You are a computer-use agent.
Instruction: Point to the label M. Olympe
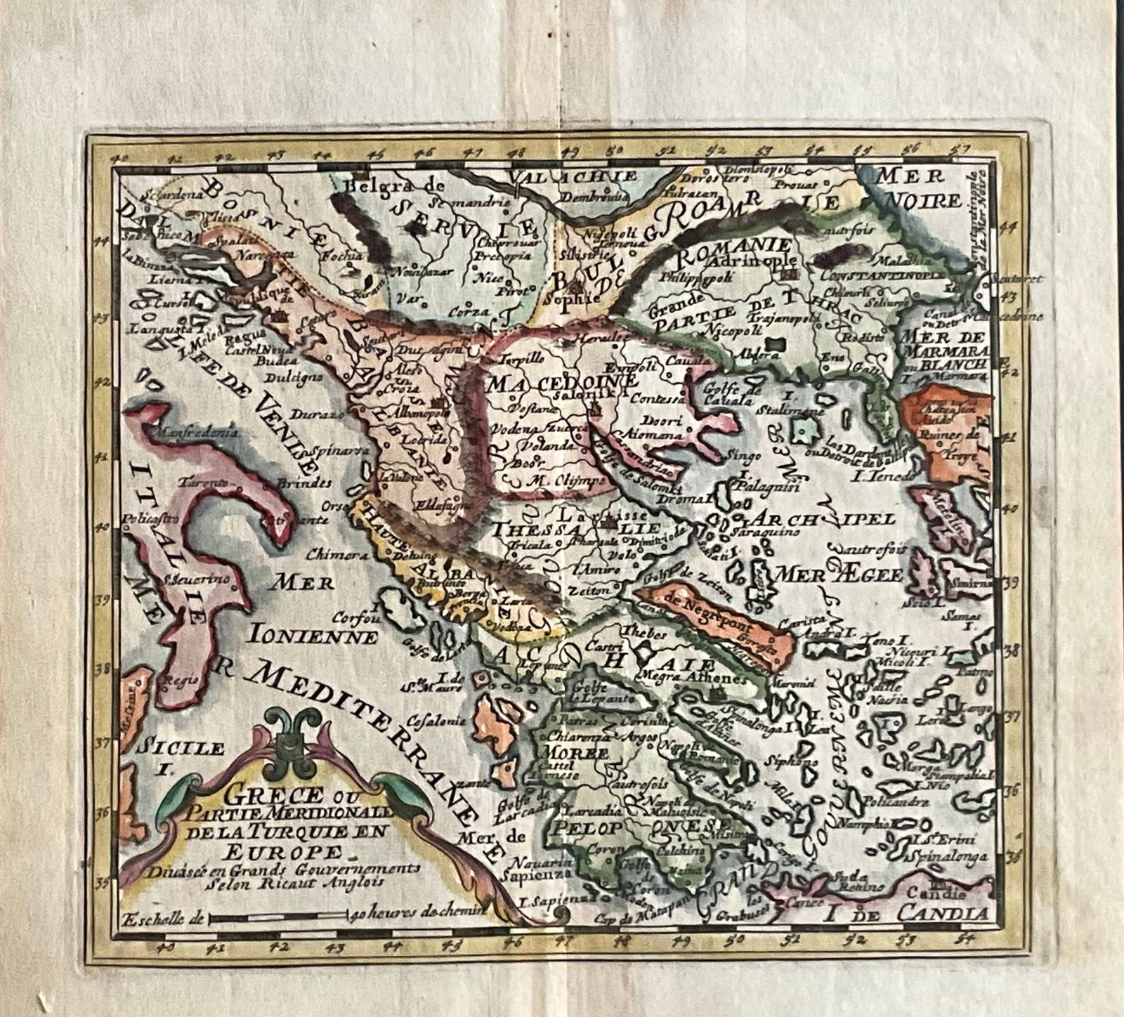pyautogui.click(x=556, y=481)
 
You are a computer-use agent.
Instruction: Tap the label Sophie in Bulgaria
pyautogui.click(x=576, y=297)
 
